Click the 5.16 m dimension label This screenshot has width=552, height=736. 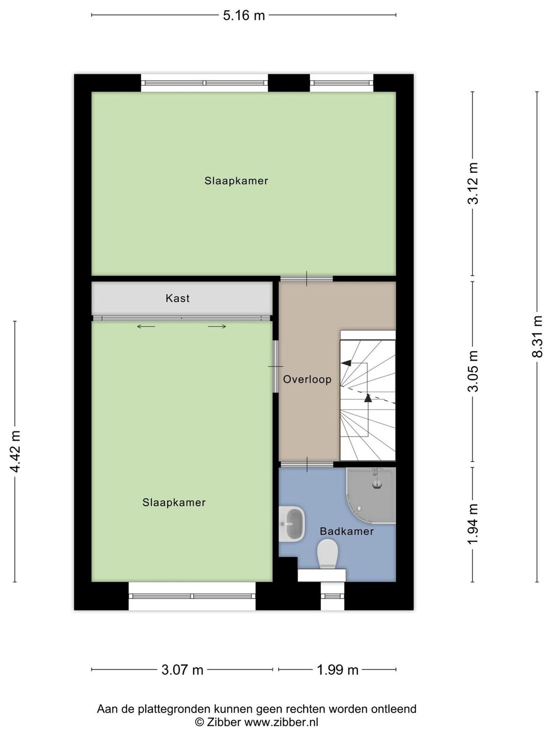tap(244, 15)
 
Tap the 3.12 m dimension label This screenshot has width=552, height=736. tap(473, 183)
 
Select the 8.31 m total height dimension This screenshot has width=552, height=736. tap(537, 336)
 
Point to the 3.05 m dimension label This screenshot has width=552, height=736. tap(473, 371)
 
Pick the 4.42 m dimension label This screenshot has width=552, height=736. tap(15, 451)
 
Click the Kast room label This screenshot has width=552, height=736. tap(177, 298)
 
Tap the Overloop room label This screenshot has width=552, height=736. tap(307, 379)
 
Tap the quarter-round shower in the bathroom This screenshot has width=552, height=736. tap(371, 496)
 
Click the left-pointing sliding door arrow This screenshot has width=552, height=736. tap(146, 327)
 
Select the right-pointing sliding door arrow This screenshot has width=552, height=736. tap(217, 327)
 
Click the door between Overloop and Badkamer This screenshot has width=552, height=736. tap(307, 465)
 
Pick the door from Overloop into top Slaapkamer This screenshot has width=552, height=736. tap(307, 279)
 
